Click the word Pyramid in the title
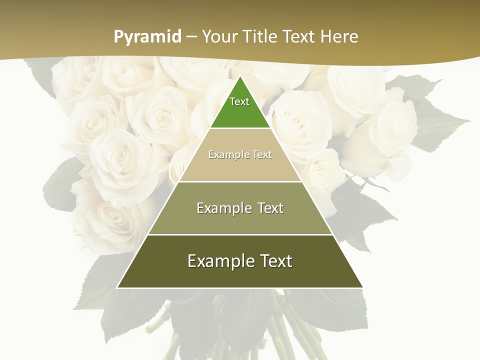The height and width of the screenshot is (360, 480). (x=147, y=36)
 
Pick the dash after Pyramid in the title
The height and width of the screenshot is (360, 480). (x=191, y=37)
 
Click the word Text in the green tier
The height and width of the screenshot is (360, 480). (x=239, y=101)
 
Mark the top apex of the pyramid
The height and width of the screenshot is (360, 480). (x=240, y=76)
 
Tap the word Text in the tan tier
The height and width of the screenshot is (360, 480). (x=262, y=154)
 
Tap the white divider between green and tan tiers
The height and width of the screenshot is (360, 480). (x=240, y=128)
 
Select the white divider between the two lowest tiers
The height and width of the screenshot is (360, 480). (x=240, y=234)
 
